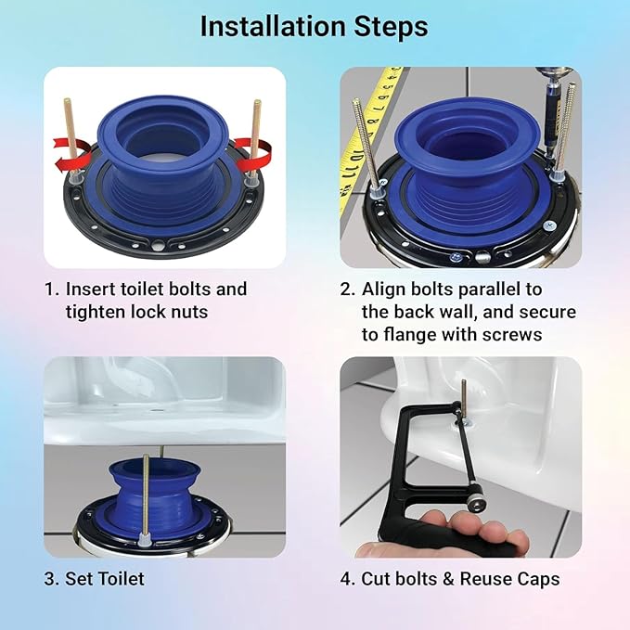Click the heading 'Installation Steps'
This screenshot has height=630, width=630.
pyautogui.click(x=315, y=28)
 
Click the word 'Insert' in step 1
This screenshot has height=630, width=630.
pyautogui.click(x=93, y=289)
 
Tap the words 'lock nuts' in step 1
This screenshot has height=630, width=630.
pyautogui.click(x=176, y=312)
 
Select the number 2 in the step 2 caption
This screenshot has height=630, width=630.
pyautogui.click(x=346, y=289)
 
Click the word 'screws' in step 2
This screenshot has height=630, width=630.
pyautogui.click(x=515, y=334)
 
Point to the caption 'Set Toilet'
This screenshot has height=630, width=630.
pyautogui.click(x=104, y=579)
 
